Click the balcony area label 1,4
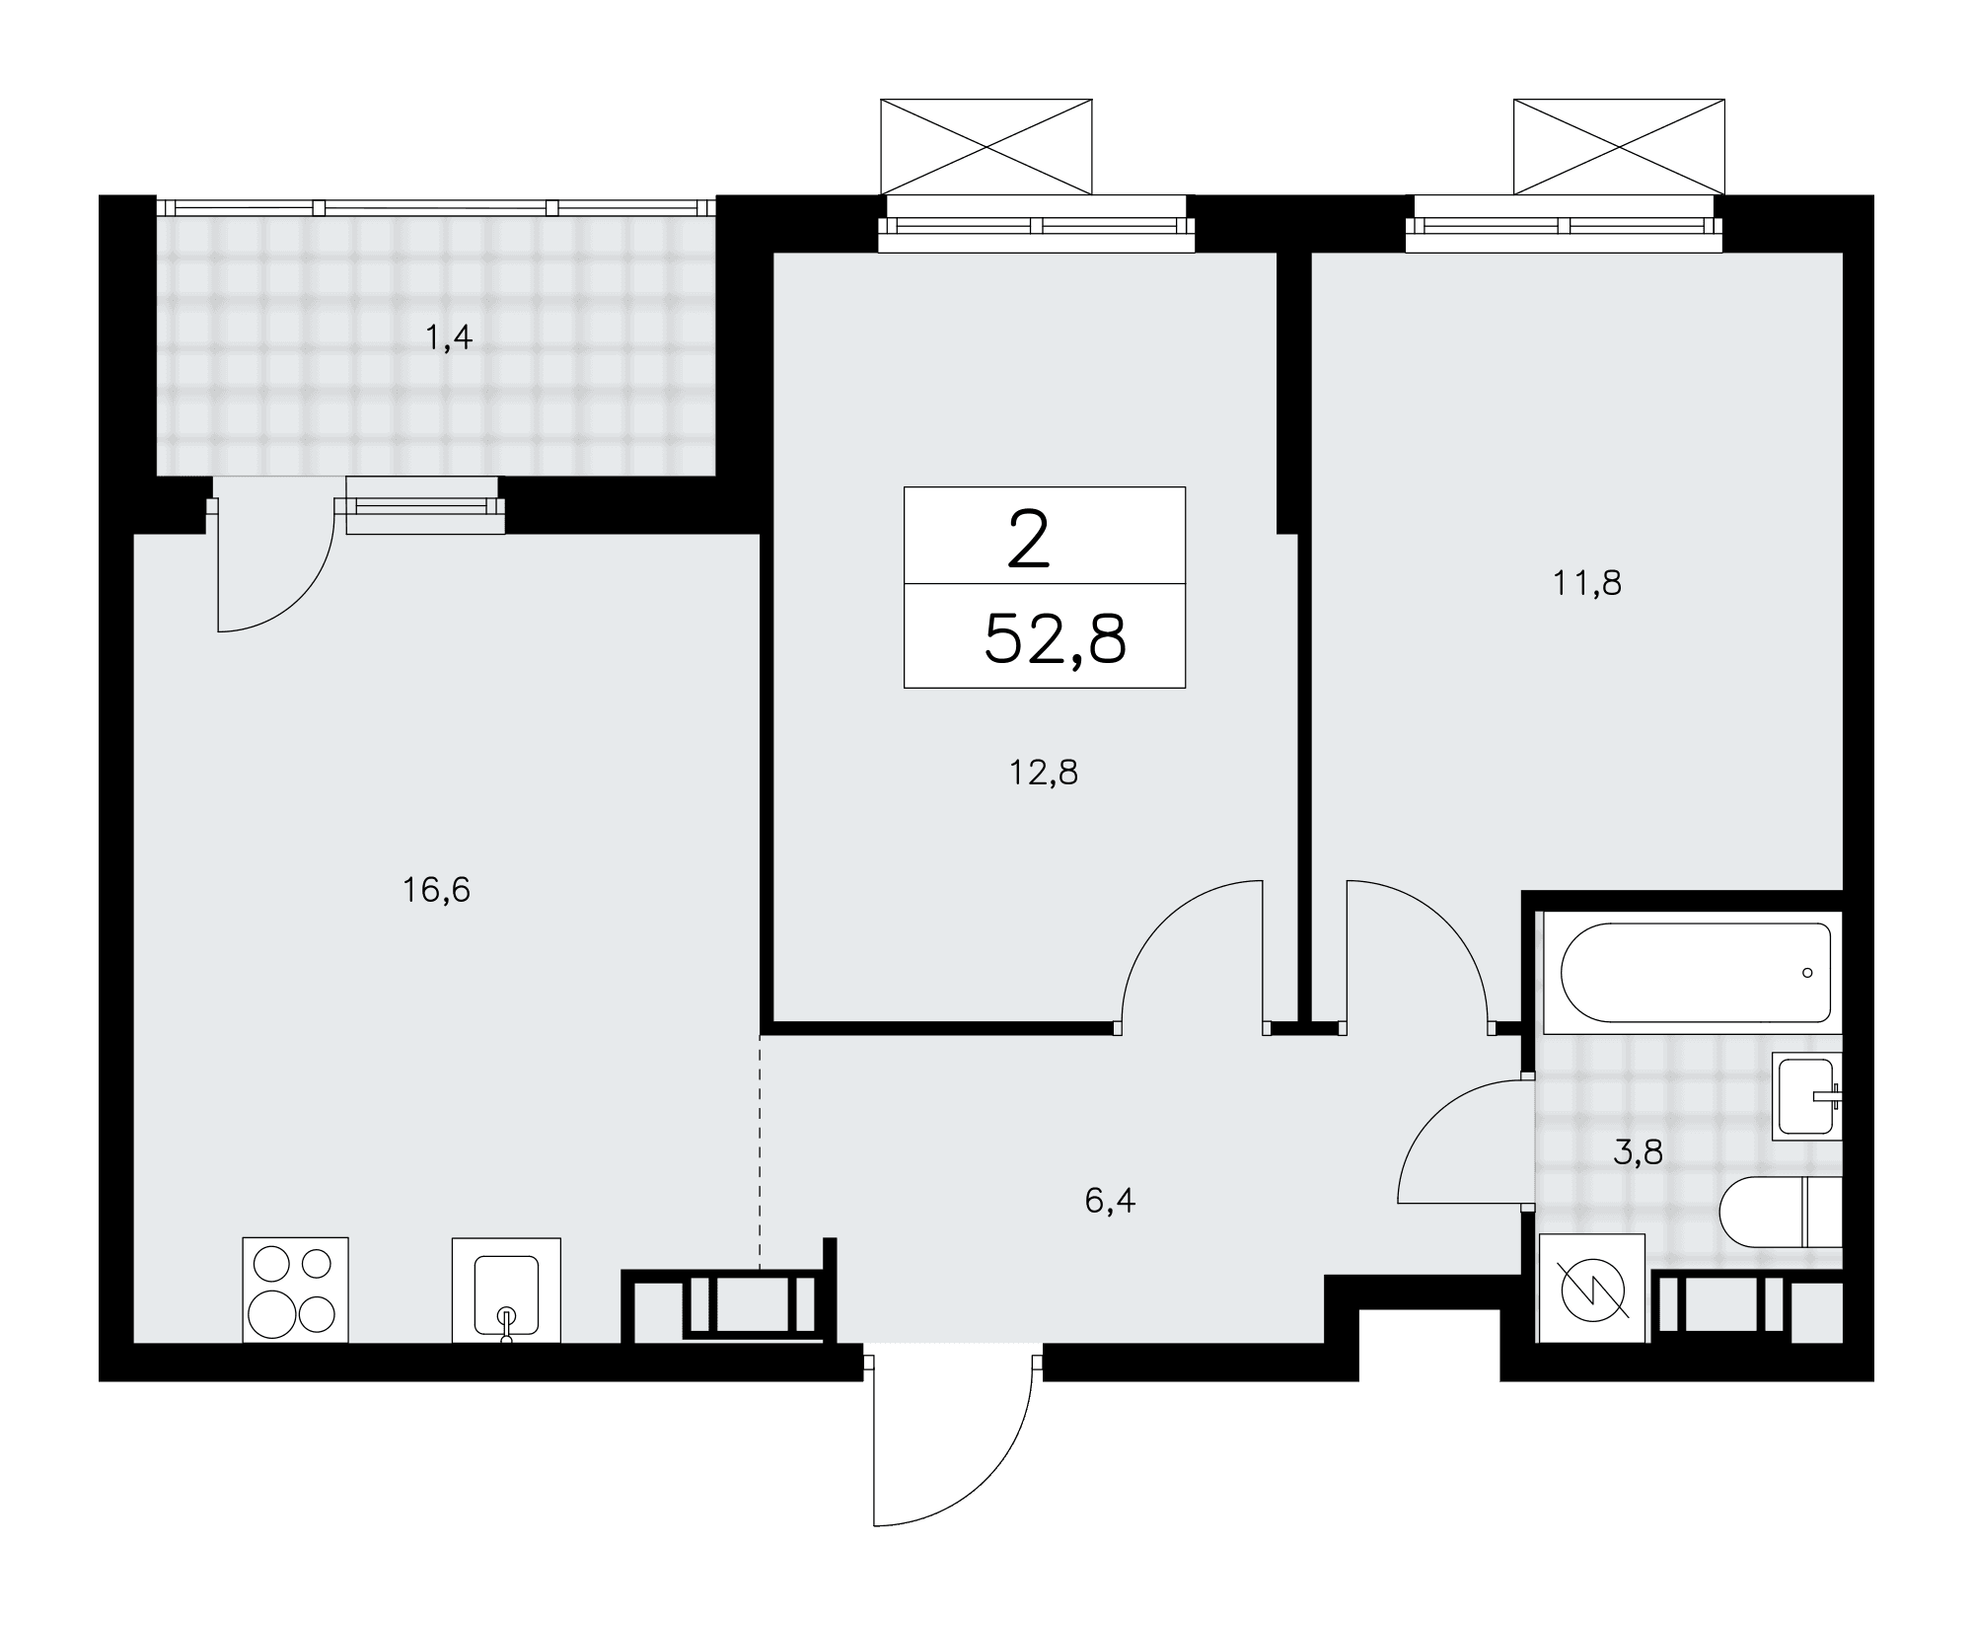click(449, 339)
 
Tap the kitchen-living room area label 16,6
click(436, 891)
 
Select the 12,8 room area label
click(1044, 773)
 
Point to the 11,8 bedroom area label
click(1587, 583)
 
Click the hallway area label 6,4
click(1110, 1202)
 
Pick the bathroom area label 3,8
click(1639, 1151)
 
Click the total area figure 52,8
click(1055, 639)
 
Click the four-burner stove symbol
click(296, 1290)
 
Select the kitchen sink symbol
click(506, 1291)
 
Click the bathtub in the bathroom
click(1694, 973)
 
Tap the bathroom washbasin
click(1807, 1096)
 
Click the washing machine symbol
click(1592, 1289)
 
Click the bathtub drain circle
click(1807, 973)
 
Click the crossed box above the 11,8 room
click(1619, 146)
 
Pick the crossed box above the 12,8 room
click(986, 146)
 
